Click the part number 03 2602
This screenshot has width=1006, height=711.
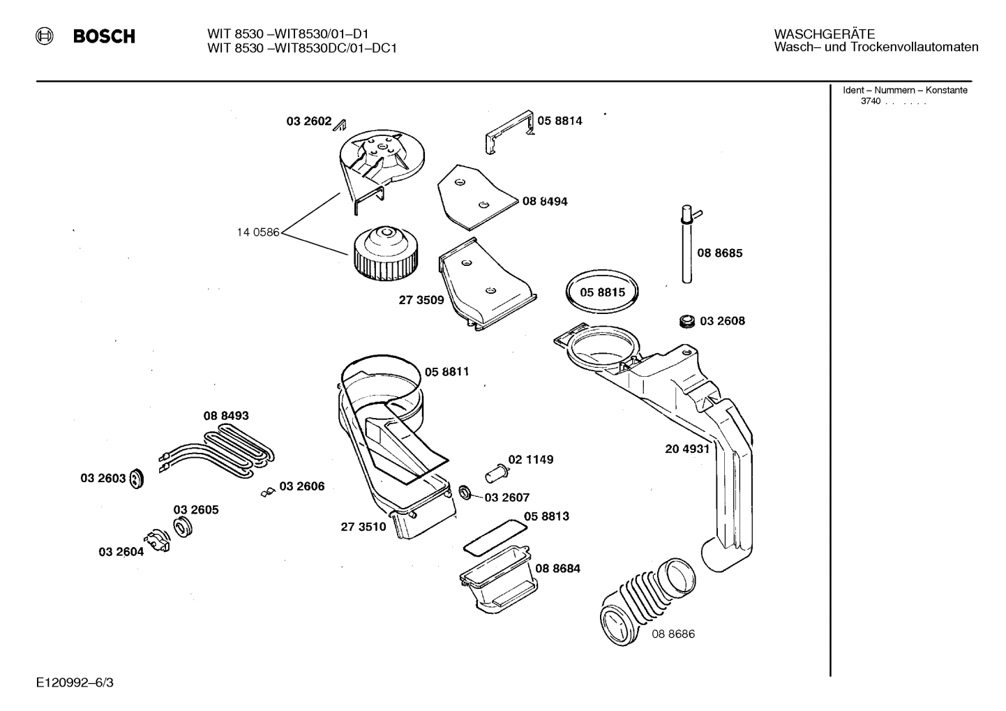coord(308,121)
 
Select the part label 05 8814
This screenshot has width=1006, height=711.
coord(560,121)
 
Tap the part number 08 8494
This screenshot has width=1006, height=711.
coord(545,202)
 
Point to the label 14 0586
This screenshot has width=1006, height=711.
coord(257,232)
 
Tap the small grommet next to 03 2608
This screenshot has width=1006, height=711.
coord(687,322)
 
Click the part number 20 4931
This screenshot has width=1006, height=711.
coord(686,449)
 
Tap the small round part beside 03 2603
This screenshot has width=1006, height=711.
coord(137,479)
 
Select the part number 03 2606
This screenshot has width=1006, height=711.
coord(301,486)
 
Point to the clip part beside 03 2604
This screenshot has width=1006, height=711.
coord(157,542)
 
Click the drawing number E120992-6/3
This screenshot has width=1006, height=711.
coord(75,682)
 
